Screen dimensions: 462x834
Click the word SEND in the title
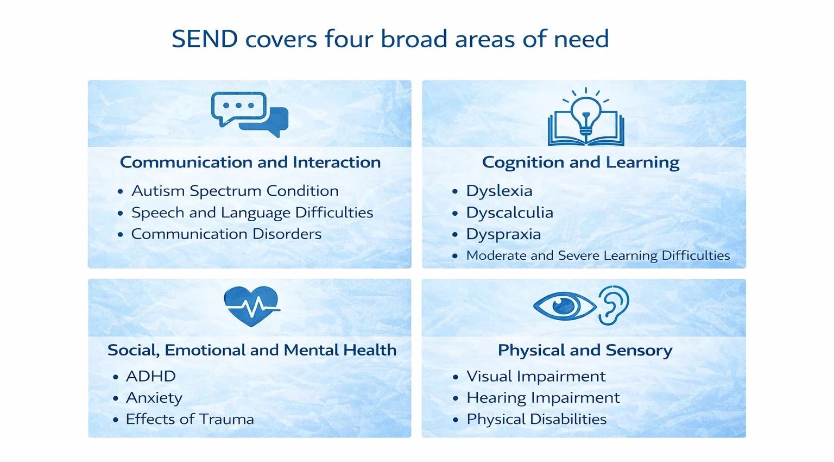[x=205, y=39]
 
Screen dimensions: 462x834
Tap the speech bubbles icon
[x=249, y=114]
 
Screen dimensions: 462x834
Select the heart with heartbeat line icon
[x=251, y=306]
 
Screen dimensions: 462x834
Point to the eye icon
[x=565, y=305]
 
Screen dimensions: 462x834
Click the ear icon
[x=614, y=305]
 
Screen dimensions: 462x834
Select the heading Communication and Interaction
[x=250, y=162]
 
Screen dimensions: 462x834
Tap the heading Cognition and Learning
[x=580, y=162]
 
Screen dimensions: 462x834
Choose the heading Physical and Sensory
[x=585, y=350]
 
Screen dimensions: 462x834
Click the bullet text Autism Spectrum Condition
[x=235, y=191]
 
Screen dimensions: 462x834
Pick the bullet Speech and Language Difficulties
[x=252, y=213]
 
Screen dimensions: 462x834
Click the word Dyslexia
[x=499, y=191]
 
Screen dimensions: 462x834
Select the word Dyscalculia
[x=509, y=213]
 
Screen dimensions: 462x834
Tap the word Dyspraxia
[x=503, y=234]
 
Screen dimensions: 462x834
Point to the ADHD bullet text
[x=151, y=376]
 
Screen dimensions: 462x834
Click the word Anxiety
[x=154, y=398]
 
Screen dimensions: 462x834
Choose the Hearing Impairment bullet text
[x=543, y=398]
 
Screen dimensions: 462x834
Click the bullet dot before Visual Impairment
[x=455, y=377]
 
